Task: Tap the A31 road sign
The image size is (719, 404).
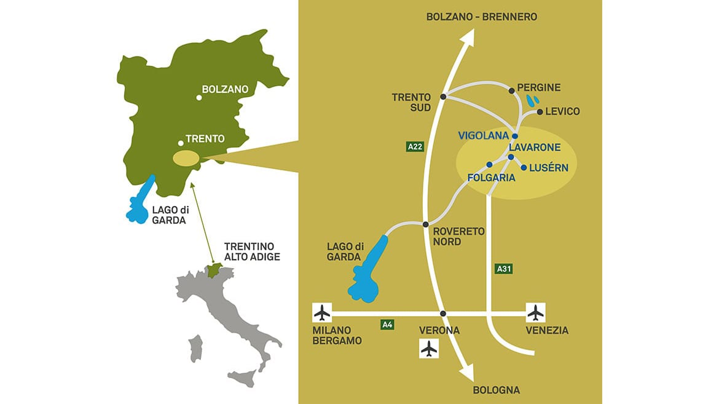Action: tap(503, 268)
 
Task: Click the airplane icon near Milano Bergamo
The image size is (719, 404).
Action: tap(321, 312)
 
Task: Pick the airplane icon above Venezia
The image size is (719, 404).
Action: tap(536, 312)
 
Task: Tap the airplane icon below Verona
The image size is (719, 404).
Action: tap(429, 349)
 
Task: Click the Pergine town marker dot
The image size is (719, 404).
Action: tap(511, 90)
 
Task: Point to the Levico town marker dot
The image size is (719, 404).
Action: tap(540, 112)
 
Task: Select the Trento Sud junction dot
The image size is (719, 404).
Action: tap(442, 97)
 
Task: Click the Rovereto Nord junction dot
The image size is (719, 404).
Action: tap(425, 224)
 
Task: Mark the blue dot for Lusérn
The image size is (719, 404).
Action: tap(524, 167)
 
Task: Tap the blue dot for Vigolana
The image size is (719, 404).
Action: tap(515, 136)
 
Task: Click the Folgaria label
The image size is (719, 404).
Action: tap(491, 177)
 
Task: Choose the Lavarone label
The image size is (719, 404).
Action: tap(535, 148)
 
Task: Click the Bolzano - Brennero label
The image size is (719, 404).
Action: tap(482, 17)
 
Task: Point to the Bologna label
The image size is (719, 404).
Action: tap(496, 390)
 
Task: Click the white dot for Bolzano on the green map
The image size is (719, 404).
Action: tap(198, 97)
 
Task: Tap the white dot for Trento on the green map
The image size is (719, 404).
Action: tap(181, 140)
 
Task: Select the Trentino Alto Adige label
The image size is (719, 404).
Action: tap(252, 251)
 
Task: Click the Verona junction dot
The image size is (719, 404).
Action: tap(442, 314)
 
